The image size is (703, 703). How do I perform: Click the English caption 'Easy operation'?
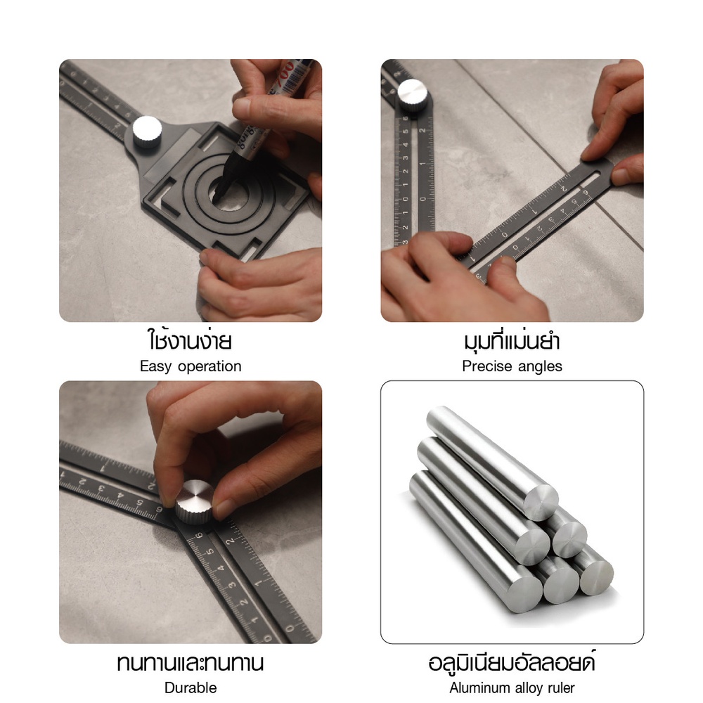click(191, 366)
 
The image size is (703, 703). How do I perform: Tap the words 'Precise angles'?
click(512, 366)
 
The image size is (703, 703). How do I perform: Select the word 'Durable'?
click(191, 688)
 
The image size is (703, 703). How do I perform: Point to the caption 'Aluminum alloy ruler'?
click(512, 688)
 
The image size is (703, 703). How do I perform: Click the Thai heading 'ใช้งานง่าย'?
click(190, 340)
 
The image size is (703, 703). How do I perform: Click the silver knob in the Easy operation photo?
click(147, 131)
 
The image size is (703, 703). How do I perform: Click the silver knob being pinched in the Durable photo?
click(194, 502)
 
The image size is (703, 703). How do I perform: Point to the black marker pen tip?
click(217, 196)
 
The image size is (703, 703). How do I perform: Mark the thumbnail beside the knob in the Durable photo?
click(224, 508)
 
